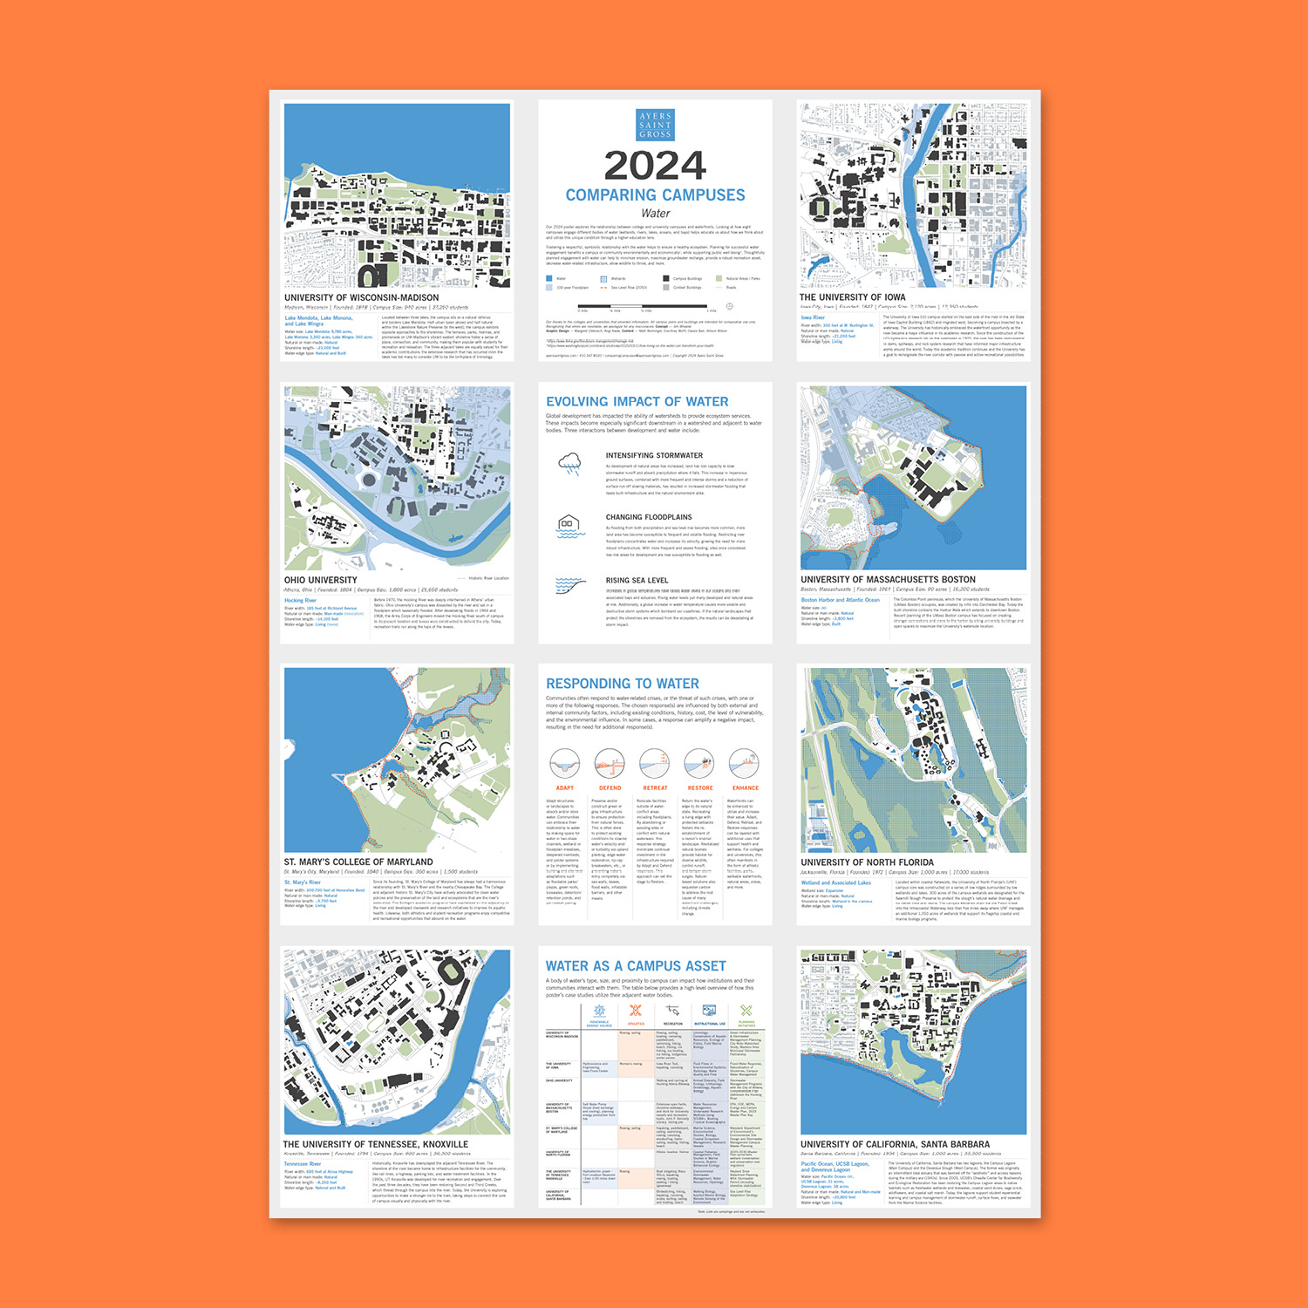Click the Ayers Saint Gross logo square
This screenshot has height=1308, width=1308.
coord(655,125)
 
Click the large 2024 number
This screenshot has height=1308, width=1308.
coord(655,166)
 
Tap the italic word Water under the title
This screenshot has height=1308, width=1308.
coord(655,214)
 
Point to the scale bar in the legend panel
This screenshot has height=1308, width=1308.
coord(643,306)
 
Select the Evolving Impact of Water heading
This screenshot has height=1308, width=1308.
coord(637,402)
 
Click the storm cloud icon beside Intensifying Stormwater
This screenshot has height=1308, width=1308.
coord(569,463)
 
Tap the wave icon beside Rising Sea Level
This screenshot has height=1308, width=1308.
coord(569,585)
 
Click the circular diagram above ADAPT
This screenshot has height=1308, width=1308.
coord(565,764)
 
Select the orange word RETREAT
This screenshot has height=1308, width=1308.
coord(655,788)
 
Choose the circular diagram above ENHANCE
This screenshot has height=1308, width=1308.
coord(745,764)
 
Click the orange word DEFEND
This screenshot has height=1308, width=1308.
coord(610,788)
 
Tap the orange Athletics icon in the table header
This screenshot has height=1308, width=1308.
coord(636,1012)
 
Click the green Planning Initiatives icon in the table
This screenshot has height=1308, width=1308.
coord(746,1012)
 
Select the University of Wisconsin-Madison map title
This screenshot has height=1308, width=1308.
coord(361,298)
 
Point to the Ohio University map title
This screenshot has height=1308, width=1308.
coord(320,580)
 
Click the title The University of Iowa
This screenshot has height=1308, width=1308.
coord(852,297)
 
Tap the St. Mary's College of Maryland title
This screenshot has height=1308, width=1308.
coord(358,862)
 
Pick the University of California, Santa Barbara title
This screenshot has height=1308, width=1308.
coord(895,1145)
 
